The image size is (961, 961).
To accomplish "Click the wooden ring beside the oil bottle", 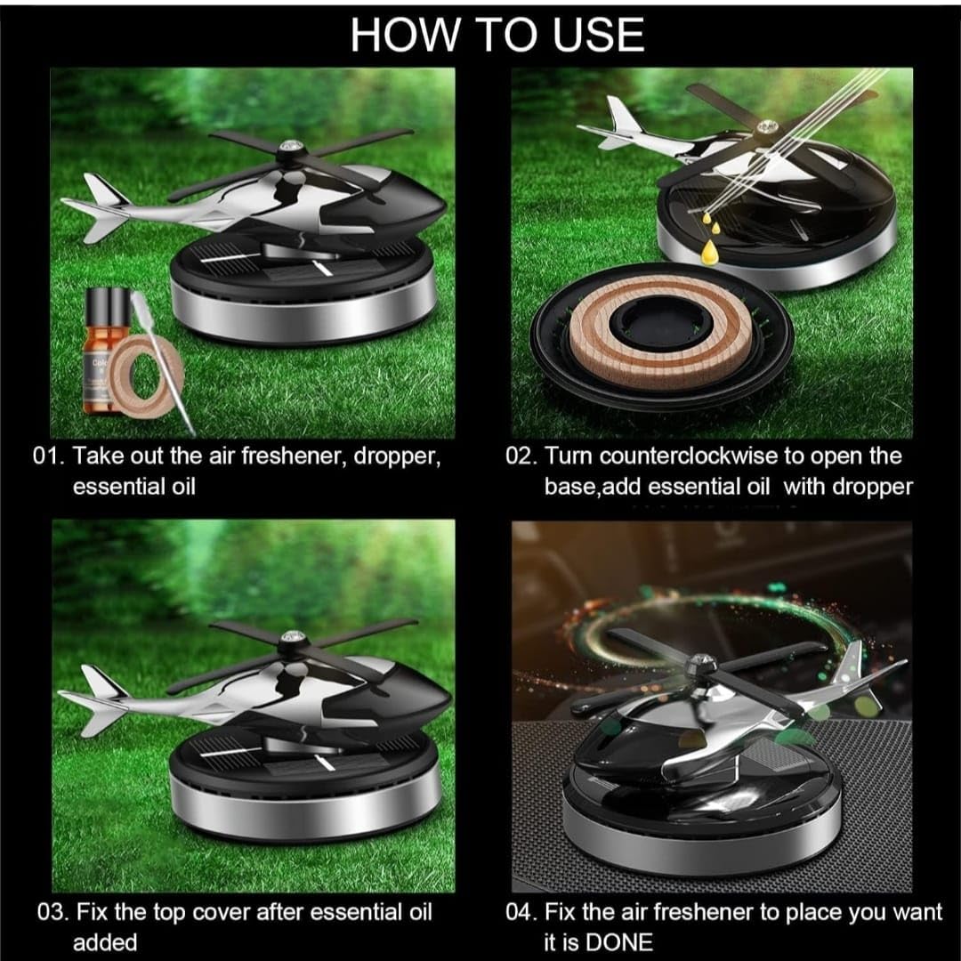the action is [x=146, y=376].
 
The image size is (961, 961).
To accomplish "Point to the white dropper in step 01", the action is [x=160, y=361].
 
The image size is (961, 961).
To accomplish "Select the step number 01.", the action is [x=48, y=456].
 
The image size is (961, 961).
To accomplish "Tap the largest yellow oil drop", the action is [x=709, y=252].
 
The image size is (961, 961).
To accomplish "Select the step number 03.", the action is [x=52, y=912].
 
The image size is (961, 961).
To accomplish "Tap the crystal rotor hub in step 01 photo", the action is [x=287, y=148].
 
